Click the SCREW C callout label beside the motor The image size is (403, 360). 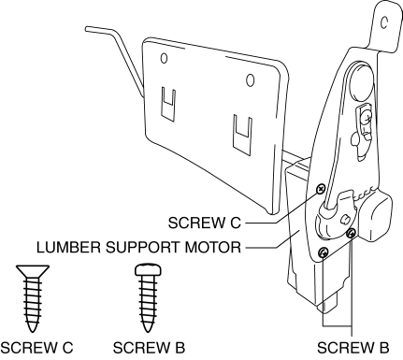(205, 223)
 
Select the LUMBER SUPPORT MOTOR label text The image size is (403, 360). (138, 247)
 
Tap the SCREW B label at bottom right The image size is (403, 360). (353, 348)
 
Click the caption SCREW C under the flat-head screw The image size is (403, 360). (36, 348)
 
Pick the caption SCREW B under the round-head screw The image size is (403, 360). (149, 348)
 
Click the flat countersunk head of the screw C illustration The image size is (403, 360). (33, 271)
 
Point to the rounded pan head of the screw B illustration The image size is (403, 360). (148, 270)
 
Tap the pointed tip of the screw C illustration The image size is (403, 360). (33, 330)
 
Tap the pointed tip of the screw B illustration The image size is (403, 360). (148, 330)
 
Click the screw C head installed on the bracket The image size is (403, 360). (321, 189)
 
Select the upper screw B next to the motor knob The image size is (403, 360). (352, 233)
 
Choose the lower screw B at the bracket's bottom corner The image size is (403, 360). (324, 252)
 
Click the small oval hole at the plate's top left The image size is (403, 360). (164, 58)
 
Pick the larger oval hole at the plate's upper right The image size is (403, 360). (250, 80)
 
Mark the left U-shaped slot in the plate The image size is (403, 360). (168, 104)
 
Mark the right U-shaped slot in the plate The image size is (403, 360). (243, 134)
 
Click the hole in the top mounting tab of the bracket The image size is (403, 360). (384, 22)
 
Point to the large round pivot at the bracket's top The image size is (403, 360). (361, 81)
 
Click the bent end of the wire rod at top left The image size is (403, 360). (88, 29)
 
